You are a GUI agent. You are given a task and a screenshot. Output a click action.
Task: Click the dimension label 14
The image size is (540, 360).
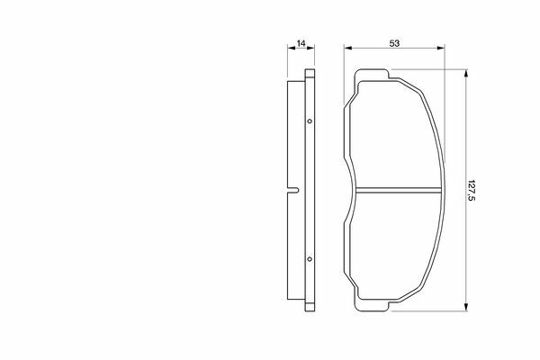[x=301, y=43]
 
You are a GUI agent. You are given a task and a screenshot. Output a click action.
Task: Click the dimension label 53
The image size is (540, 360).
[x=394, y=43]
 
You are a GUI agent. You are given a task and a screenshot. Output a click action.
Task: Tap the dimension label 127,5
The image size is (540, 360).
[x=471, y=191]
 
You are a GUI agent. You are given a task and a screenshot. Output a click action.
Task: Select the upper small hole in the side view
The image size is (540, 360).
[x=310, y=121]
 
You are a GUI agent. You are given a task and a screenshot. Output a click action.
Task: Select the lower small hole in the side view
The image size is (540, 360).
[x=310, y=258]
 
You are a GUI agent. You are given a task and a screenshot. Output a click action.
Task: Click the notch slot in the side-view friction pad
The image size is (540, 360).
[x=293, y=190]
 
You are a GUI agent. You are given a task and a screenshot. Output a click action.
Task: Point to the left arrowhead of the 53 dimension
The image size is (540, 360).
[x=347, y=49]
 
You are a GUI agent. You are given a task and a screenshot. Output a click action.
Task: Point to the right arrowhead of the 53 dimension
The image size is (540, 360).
[x=441, y=49]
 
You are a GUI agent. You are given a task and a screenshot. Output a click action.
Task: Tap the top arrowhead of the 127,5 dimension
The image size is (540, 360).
[x=466, y=74]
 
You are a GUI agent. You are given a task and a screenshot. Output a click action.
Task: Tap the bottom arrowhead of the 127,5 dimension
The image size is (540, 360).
[x=466, y=307]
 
